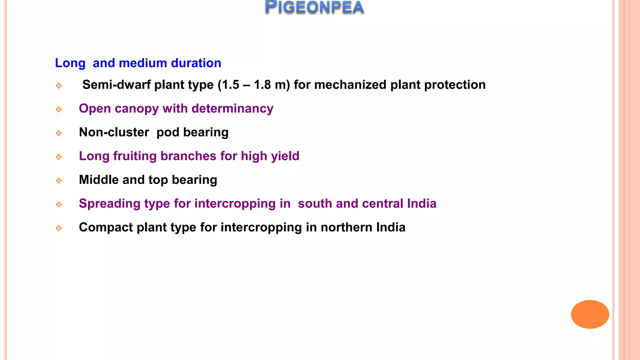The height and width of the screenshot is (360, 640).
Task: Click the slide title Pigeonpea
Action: [314, 7]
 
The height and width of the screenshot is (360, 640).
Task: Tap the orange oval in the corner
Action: [590, 314]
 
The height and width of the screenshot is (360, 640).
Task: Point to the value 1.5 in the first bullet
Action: [230, 85]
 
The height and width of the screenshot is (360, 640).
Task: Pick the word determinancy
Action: [232, 109]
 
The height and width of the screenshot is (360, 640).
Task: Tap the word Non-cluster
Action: [114, 132]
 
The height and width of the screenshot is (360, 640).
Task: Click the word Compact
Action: [106, 227]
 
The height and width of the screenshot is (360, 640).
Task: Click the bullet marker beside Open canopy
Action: [59, 109]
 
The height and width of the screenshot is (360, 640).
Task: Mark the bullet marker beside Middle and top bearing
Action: [59, 181]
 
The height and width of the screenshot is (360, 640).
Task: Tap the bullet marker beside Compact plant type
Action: [59, 228]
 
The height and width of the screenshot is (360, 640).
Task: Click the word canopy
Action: [137, 109]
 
